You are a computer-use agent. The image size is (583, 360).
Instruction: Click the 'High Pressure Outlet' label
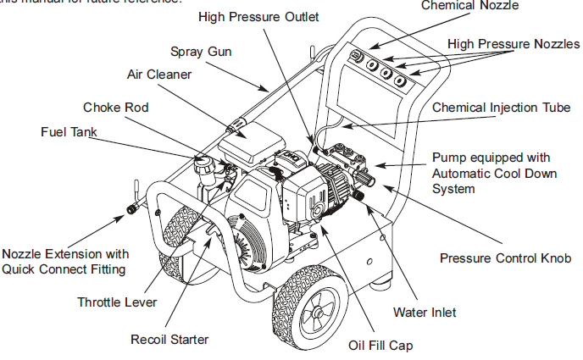coord(258,17)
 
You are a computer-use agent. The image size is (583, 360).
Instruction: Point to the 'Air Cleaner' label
coord(159,75)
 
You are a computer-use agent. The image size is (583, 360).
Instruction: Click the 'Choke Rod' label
coord(116,108)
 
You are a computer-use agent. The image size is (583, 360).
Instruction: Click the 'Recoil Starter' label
coord(169,340)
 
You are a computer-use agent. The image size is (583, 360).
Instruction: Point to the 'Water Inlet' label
coord(425,313)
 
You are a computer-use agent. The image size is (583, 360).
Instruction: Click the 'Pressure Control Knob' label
coord(504,258)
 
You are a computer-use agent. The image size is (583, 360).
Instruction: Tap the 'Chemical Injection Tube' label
coord(501,108)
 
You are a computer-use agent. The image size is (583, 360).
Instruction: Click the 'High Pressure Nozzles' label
coord(514,42)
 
